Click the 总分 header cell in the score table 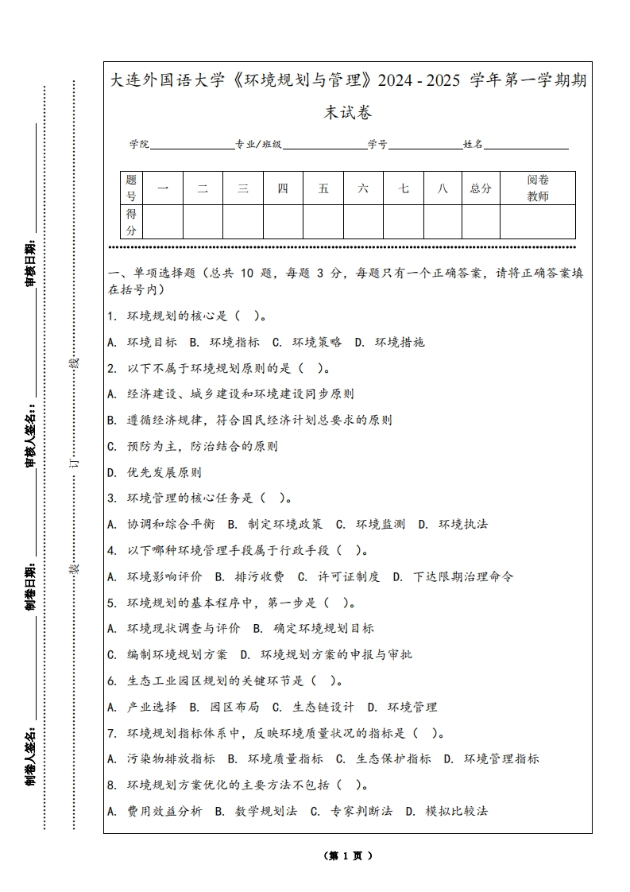[481, 188]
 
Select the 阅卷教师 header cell [538, 188]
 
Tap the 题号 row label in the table [131, 188]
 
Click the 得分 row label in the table [131, 222]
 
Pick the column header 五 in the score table [323, 188]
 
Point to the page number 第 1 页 [348, 856]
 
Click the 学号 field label [377, 145]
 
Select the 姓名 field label [473, 145]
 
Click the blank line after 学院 [191, 145]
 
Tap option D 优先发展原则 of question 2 [156, 472]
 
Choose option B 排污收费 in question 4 [249, 576]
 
